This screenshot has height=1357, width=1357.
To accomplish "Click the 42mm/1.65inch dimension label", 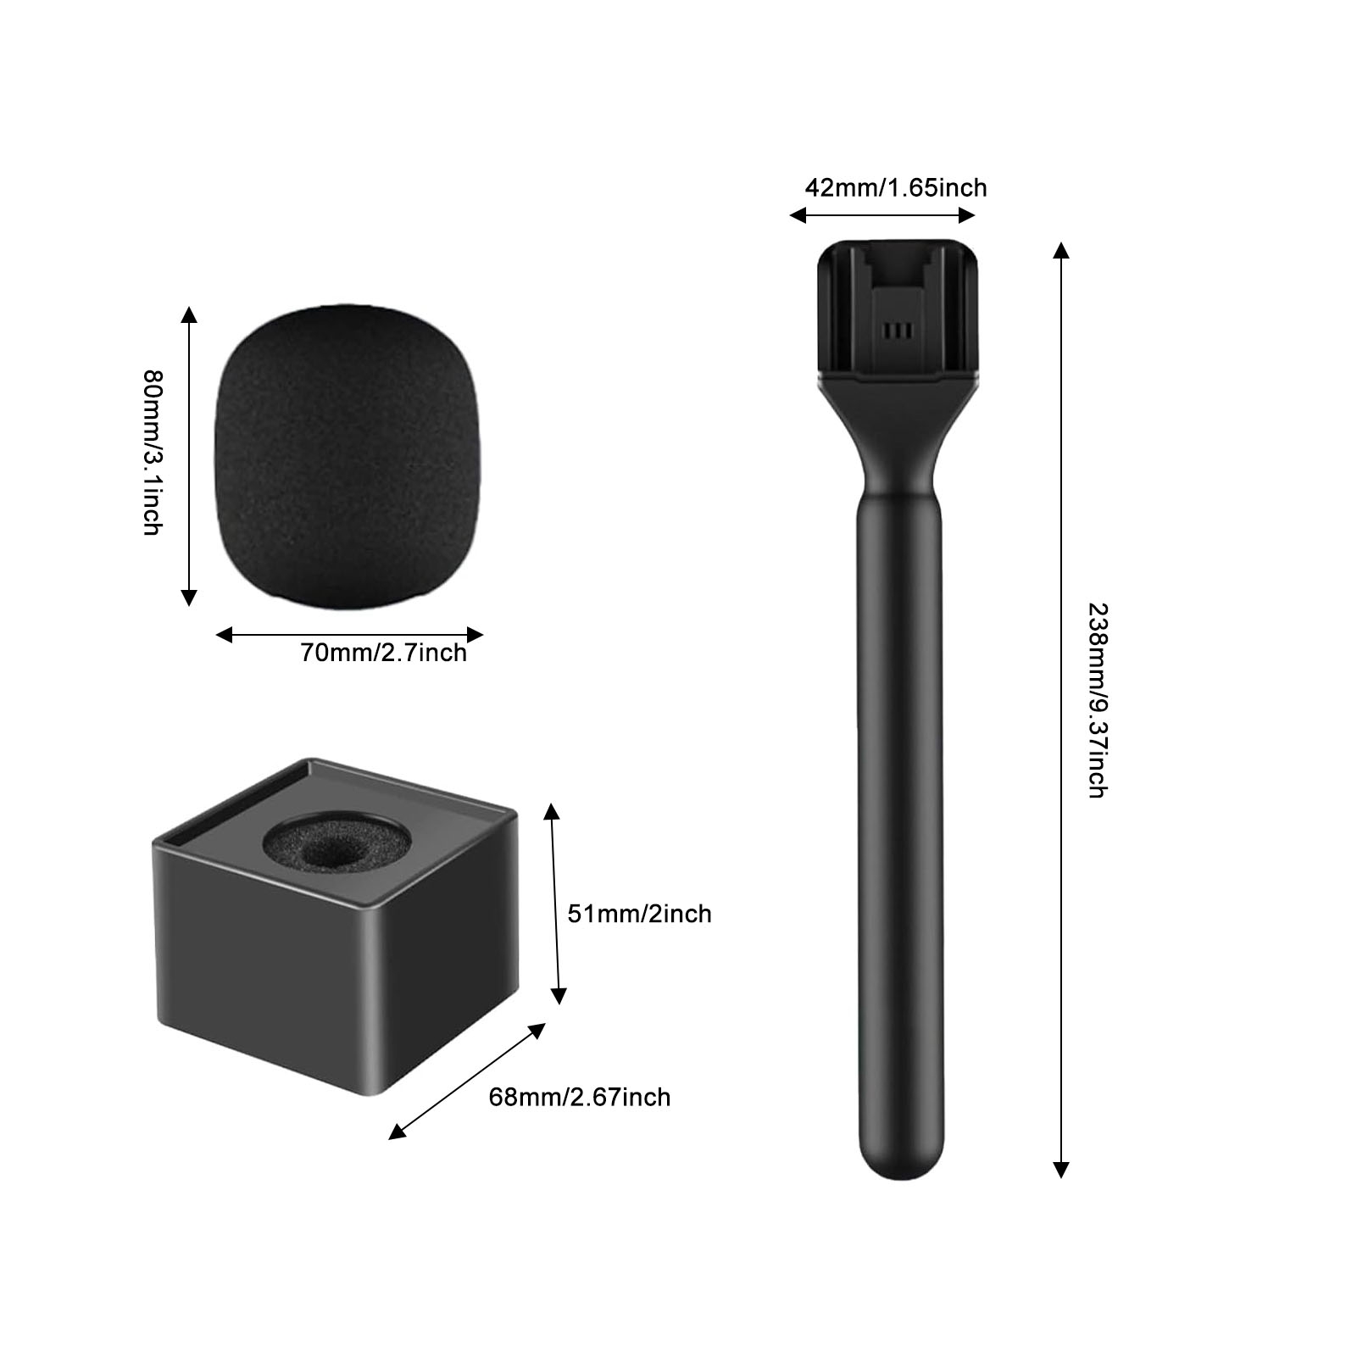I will (x=895, y=187).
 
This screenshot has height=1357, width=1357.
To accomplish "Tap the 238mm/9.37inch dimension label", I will (x=1098, y=700).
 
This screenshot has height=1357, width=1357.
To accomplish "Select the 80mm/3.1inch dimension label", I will (x=153, y=453).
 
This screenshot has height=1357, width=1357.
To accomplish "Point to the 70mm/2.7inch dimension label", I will (x=383, y=653).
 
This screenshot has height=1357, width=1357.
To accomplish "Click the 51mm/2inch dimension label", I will (x=639, y=914).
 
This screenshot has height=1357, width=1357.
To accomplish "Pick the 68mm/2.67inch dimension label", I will (x=580, y=1097).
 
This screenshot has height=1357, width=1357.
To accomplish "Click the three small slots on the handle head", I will (x=897, y=329).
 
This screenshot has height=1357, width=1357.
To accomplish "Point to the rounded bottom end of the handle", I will (x=900, y=1161).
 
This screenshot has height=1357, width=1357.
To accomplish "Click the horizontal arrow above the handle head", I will (x=882, y=215).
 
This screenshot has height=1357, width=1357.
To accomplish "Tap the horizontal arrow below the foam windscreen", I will (x=349, y=634).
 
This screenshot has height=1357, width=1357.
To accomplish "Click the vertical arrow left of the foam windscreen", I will (x=189, y=456).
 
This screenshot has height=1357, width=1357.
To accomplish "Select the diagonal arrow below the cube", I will (x=467, y=1081).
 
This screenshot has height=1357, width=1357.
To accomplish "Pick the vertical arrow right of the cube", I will (x=554, y=904).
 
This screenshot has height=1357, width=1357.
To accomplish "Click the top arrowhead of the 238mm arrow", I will (x=1060, y=250).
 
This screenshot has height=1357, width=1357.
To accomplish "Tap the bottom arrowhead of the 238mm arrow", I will (x=1060, y=1170).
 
